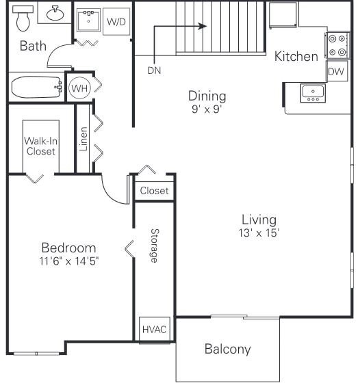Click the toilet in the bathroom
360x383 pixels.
pos(23,19)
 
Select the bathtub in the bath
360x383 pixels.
pos(36,88)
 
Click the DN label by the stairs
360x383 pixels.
pos(154,70)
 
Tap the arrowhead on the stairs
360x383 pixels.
pos(203,27)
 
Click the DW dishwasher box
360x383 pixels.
pos(335,71)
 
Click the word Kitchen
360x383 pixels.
pos(296,56)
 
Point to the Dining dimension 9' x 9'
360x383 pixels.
pos(207,108)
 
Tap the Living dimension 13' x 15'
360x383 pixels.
pos(259,233)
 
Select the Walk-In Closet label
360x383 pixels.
pos(40,146)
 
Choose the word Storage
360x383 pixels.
pos(154,246)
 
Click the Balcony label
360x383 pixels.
pos(227,349)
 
